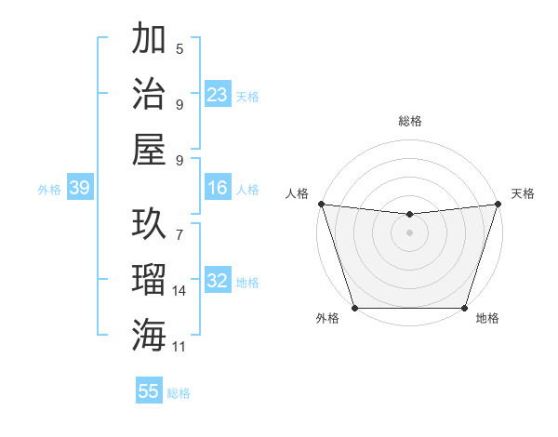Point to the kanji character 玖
click(150, 223)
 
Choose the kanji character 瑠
click(150, 278)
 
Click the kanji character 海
click(150, 332)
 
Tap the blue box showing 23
click(218, 95)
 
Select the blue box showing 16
click(218, 189)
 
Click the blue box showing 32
click(218, 282)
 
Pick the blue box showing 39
click(79, 189)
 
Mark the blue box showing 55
click(149, 391)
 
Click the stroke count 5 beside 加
click(179, 49)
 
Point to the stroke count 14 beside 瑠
click(179, 291)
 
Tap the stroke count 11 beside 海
click(179, 346)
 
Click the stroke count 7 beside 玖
click(179, 226)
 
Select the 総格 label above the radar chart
click(409, 121)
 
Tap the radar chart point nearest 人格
click(321, 204)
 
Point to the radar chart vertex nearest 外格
click(354, 308)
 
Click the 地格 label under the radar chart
click(487, 318)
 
